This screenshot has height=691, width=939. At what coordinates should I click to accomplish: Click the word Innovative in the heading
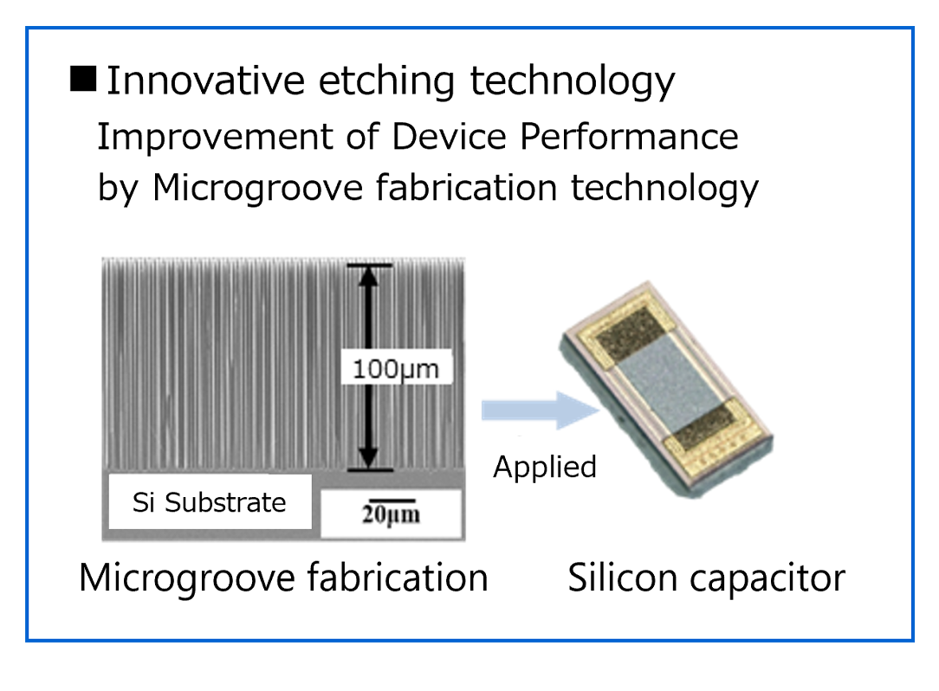click(204, 81)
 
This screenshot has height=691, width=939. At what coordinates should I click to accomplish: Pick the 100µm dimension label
click(396, 369)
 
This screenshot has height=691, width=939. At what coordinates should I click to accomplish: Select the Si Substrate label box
click(209, 502)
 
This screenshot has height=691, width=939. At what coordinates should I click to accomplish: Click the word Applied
click(545, 467)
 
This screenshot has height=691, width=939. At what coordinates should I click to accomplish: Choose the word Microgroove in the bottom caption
click(186, 578)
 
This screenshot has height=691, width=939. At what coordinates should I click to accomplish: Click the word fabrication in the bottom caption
click(398, 578)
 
